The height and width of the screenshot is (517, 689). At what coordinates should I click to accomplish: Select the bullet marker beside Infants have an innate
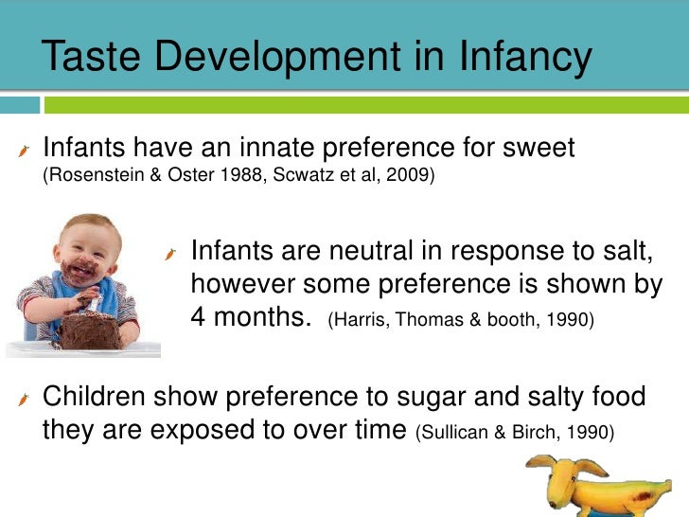(26, 150)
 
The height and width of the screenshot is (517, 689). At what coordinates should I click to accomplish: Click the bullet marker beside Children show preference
(26, 399)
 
